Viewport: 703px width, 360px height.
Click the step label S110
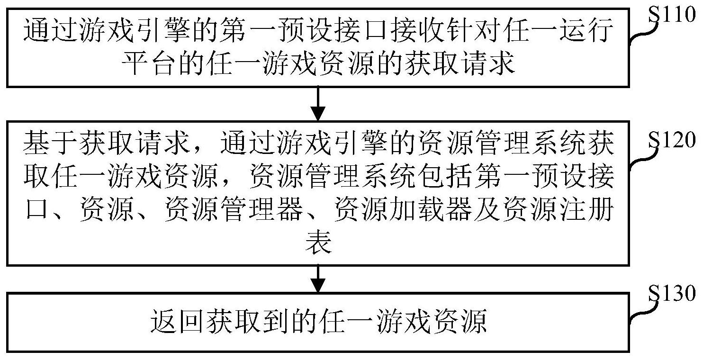(671, 14)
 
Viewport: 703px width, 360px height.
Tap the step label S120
(671, 139)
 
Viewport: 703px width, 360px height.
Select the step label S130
(671, 294)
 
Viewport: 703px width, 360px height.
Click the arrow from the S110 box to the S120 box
(318, 103)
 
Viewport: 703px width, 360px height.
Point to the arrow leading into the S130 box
(318, 279)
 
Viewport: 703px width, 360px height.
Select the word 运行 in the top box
(586, 30)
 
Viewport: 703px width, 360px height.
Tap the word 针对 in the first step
(473, 30)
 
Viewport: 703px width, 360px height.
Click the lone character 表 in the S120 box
(318, 242)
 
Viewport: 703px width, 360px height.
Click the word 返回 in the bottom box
(177, 321)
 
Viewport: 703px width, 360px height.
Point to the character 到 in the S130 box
(276, 321)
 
